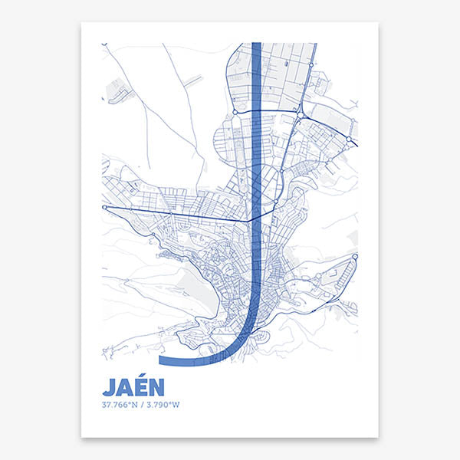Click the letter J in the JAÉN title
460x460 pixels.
click(107, 386)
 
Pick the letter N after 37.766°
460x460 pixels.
click(129, 404)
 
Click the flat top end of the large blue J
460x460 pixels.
click(257, 44)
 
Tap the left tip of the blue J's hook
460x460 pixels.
click(160, 359)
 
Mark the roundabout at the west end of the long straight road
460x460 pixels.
click(105, 208)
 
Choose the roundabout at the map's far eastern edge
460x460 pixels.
click(349, 139)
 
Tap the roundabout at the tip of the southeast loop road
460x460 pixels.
click(355, 257)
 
